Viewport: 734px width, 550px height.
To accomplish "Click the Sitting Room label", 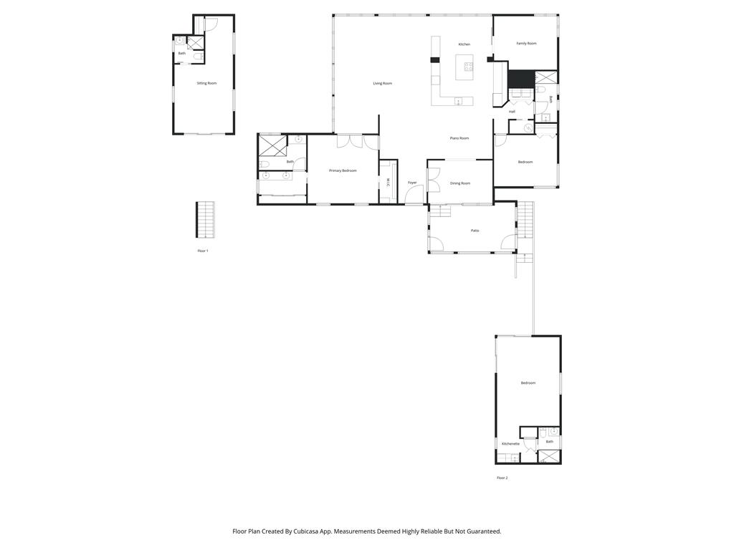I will pyautogui.click(x=206, y=83).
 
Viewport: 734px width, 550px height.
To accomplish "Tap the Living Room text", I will pyautogui.click(x=382, y=83).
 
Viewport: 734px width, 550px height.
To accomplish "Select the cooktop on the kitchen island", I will pyautogui.click(x=469, y=67).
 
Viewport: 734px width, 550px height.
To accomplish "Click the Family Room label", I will pyautogui.click(x=526, y=44).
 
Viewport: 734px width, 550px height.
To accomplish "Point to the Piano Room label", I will pyautogui.click(x=459, y=138).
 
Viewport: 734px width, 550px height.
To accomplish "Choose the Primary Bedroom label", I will pyautogui.click(x=343, y=170).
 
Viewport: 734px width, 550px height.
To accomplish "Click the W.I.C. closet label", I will pyautogui.click(x=388, y=184).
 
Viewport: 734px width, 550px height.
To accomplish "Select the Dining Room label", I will pyautogui.click(x=460, y=183).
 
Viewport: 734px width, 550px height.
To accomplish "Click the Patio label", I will pyautogui.click(x=475, y=231).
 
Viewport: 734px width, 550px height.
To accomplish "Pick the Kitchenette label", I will pyautogui.click(x=510, y=444).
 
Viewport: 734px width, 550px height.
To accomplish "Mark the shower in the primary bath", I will pyautogui.click(x=272, y=146).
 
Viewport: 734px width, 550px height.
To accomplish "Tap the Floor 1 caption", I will pyautogui.click(x=203, y=251).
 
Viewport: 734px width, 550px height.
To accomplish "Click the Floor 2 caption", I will pyautogui.click(x=502, y=478).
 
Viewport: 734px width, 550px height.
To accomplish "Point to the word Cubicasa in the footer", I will pyautogui.click(x=307, y=531).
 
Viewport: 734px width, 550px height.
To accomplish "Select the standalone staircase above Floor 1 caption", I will pyautogui.click(x=205, y=220).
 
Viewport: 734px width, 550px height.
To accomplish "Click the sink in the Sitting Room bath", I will pyautogui.click(x=178, y=42).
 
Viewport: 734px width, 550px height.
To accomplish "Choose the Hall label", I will pyautogui.click(x=512, y=112).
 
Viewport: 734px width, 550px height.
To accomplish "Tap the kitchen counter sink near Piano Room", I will pyautogui.click(x=458, y=102).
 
